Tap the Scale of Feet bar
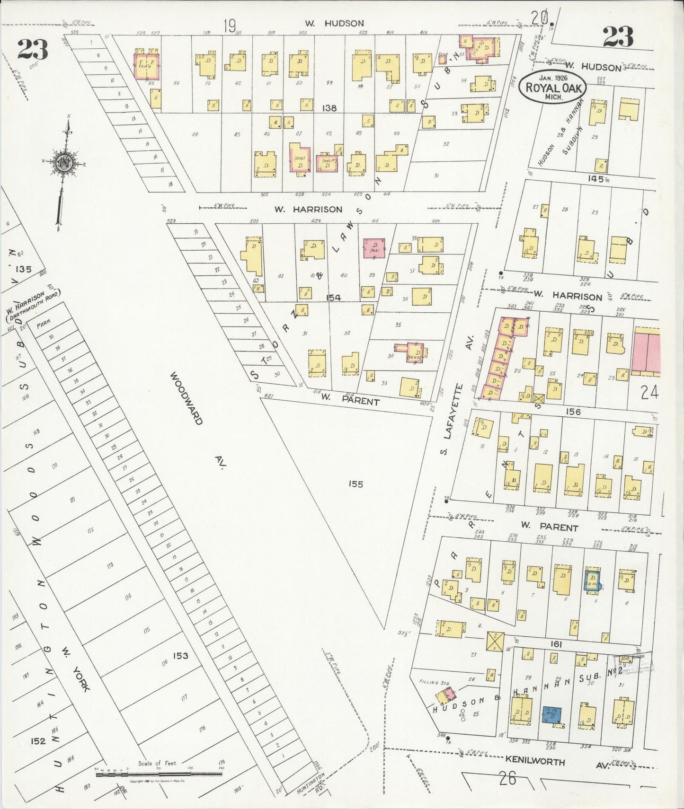click(159, 775)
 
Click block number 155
click(355, 484)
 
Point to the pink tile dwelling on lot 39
click(374, 248)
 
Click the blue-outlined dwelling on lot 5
click(592, 579)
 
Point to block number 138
click(329, 108)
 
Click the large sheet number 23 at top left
click(33, 49)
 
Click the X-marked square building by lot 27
click(495, 642)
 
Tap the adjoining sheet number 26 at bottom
click(507, 778)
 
